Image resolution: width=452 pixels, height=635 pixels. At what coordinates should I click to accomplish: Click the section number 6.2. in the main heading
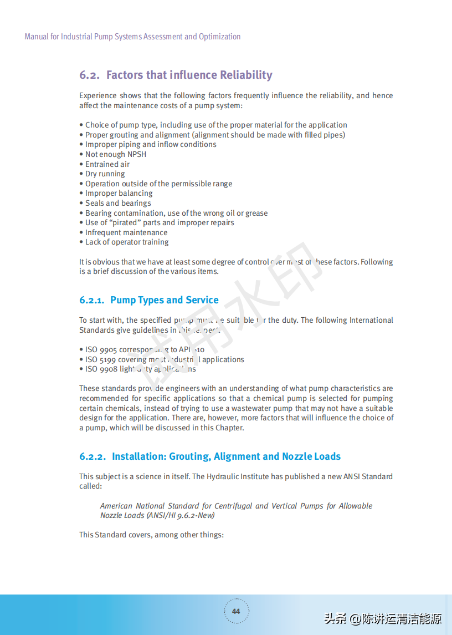pos(89,75)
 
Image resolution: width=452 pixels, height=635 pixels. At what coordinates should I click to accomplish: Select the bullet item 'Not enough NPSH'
pos(116,154)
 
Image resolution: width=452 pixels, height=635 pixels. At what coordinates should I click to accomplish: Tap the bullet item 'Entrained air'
pos(107,164)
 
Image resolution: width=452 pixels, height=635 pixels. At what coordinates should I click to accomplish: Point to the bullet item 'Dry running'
pos(105,174)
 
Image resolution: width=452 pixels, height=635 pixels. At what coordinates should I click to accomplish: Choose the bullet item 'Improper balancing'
pos(119,193)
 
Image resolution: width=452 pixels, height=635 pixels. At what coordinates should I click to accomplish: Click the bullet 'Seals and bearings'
pos(118,203)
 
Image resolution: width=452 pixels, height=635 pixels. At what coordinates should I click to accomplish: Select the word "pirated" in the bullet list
pos(125,222)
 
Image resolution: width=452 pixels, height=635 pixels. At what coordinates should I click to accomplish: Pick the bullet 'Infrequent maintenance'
pos(126,232)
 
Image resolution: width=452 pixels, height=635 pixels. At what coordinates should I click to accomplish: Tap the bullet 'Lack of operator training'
pos(127,242)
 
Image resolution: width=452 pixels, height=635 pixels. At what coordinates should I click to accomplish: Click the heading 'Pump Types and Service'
pos(165,300)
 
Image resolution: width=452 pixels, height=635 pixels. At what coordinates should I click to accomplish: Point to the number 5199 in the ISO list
pos(108,359)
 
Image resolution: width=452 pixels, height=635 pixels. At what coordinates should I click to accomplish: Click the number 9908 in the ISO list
pos(109,369)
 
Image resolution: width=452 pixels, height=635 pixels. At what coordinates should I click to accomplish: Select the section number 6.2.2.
pos(93,456)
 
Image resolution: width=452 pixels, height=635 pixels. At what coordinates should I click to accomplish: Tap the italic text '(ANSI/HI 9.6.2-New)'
pos(180,515)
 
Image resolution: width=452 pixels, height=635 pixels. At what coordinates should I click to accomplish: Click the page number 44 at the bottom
pos(236,611)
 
